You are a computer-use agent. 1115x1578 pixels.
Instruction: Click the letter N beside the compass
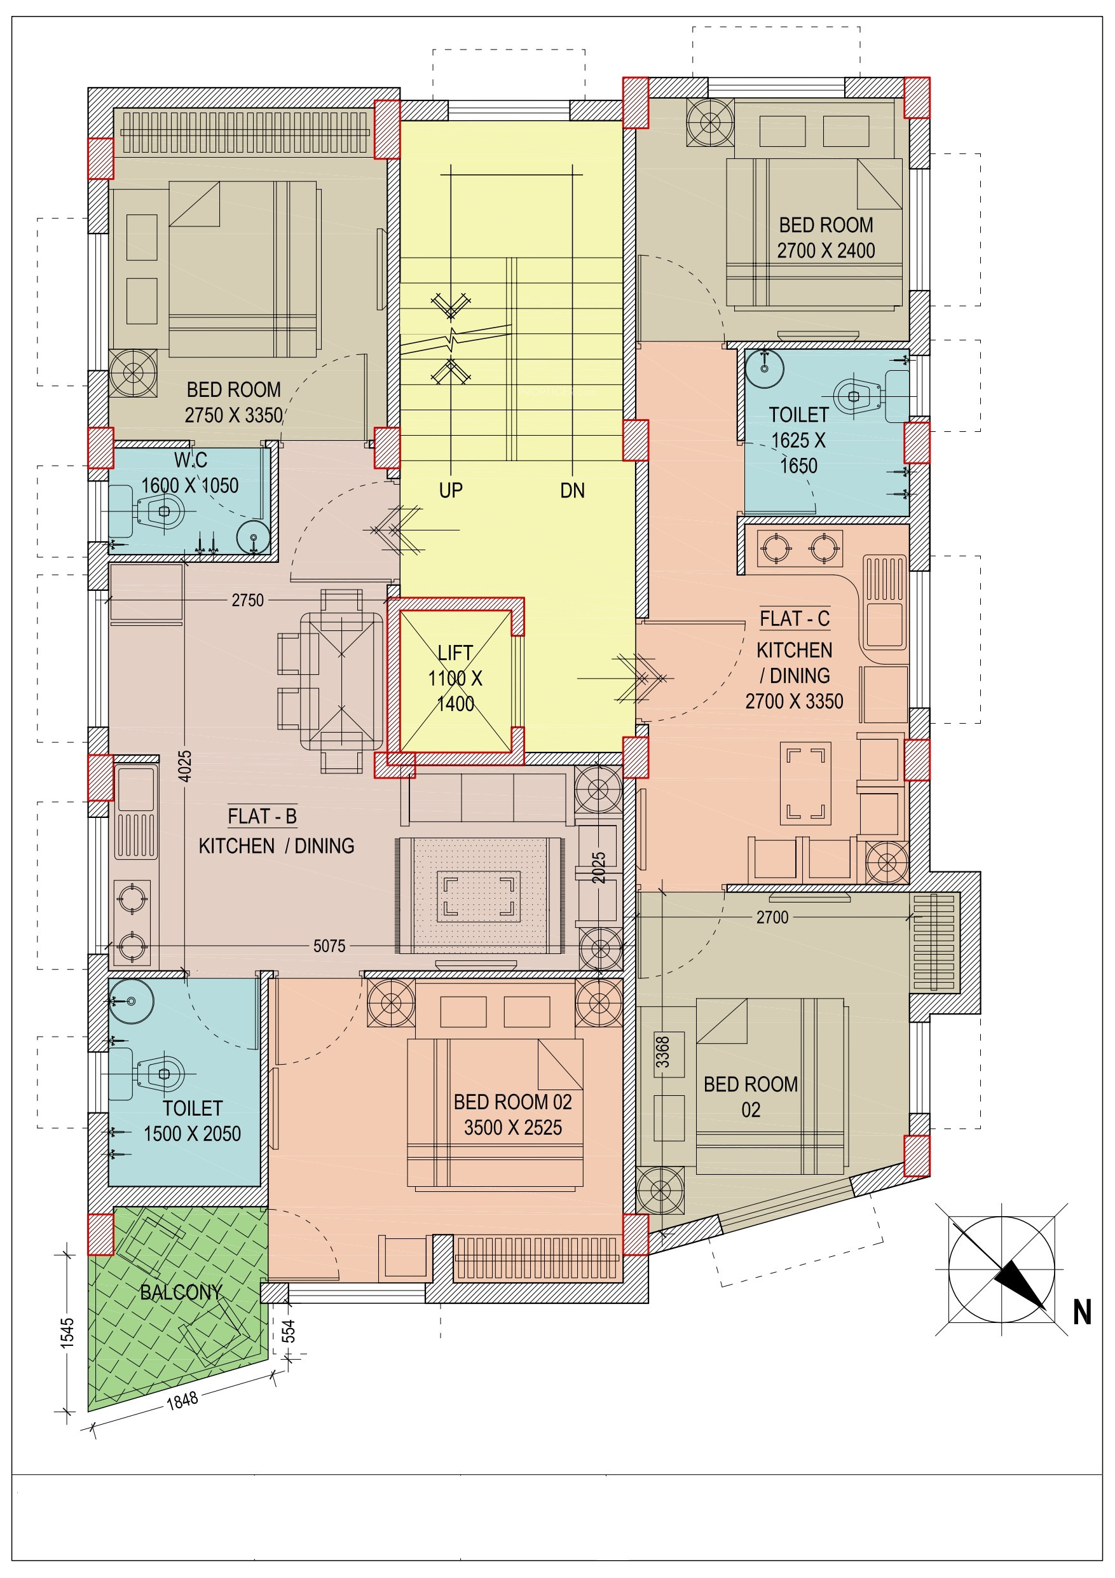pos(1083,1313)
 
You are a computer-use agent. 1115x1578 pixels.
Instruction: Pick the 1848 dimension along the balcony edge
pos(182,1400)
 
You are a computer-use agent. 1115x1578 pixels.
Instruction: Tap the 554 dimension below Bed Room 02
pos(289,1331)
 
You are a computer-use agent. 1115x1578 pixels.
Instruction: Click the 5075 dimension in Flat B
pos(329,946)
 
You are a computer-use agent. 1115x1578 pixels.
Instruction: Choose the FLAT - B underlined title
pos(263,817)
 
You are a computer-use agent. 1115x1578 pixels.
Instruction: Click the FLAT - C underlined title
pos(794,619)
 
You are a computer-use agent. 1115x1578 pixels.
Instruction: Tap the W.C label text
pos(190,460)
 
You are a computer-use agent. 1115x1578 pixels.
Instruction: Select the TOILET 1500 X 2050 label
pos(193,1121)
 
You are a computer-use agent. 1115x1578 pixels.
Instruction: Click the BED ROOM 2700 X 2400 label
pos(826,238)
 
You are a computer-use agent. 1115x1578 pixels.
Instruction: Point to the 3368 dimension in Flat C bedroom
pos(662,1052)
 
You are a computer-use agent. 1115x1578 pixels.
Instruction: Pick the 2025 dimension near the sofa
pos(599,868)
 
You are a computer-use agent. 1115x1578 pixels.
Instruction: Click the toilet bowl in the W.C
pos(162,511)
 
